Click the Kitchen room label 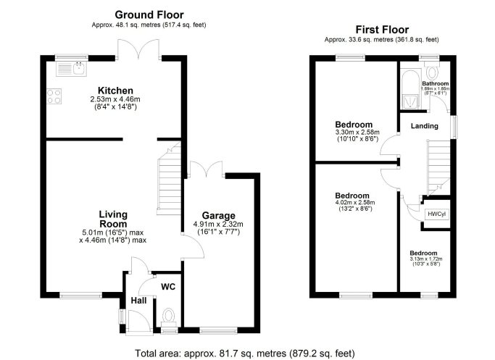tap(115, 91)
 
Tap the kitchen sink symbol tap(71, 69)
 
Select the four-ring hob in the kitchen tap(54, 96)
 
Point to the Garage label tap(218, 216)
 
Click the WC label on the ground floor tap(168, 287)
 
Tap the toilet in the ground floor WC tap(169, 318)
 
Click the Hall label tap(138, 301)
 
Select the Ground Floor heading tap(149, 14)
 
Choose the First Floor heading tap(382, 30)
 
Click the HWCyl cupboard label tap(436, 214)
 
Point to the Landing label tap(425, 126)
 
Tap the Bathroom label tap(436, 83)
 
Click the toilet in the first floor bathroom tap(431, 70)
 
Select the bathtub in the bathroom tap(410, 89)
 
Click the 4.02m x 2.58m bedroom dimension tap(354, 202)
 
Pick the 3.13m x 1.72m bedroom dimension tap(426, 259)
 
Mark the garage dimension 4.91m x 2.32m tap(218, 225)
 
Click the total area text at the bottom tap(245, 353)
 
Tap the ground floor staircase tap(169, 179)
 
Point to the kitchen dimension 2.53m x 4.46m tap(115, 99)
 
